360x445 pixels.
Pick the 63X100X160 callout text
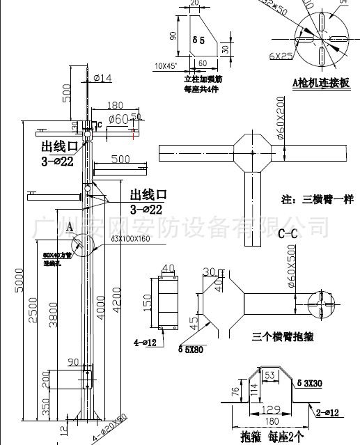[130, 239]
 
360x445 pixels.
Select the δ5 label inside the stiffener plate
[198, 40]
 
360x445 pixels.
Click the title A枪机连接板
[321, 82]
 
